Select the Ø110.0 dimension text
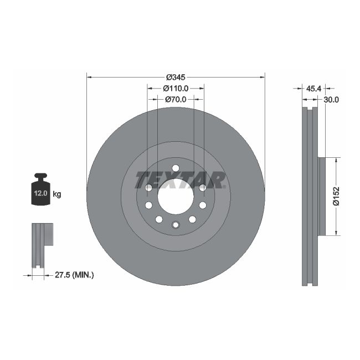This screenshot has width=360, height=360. pos(176,88)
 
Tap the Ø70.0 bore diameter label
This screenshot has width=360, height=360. pos(176,100)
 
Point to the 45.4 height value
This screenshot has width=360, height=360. pos(314,88)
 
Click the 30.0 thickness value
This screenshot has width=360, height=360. pos(331,100)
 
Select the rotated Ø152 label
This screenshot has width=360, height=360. pos(336,196)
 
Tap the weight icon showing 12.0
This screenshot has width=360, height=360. pos(40,191)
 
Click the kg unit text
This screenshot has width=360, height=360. pos(57,194)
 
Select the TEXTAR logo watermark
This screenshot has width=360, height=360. pos(181,179)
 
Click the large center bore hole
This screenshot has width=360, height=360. pos(176,197)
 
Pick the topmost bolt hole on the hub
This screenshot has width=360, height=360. pos(176,168)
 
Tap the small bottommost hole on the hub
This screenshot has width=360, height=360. pos(176,224)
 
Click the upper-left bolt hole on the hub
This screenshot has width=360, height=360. pos(149,188)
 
